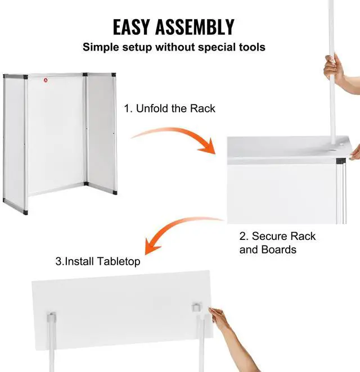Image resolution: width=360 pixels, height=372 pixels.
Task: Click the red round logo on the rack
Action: (x=46, y=80)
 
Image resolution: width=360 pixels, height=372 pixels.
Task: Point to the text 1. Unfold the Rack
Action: (x=169, y=108)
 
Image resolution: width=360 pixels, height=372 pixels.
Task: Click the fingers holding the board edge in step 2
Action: (x=354, y=152)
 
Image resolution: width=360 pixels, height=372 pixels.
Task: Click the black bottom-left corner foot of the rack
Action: (x=6, y=201)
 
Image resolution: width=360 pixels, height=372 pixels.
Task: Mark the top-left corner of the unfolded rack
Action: (x=5, y=76)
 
